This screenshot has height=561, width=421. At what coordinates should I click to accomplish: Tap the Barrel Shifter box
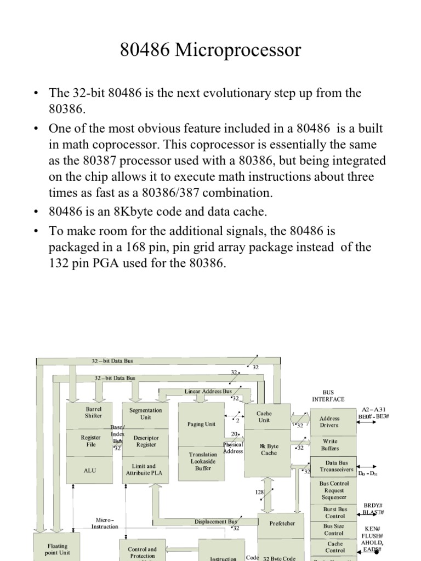tap(94, 413)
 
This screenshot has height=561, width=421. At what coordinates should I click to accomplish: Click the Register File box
tap(91, 441)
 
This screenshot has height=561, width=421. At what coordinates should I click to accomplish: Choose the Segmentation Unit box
tap(145, 414)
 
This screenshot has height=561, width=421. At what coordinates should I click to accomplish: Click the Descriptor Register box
tap(145, 442)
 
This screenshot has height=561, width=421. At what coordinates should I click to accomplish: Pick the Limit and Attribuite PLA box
tap(144, 470)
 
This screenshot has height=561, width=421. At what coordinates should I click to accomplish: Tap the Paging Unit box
tap(201, 424)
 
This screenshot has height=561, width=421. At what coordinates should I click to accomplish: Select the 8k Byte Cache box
tap(269, 450)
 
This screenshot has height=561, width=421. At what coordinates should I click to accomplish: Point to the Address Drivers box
tap(329, 422)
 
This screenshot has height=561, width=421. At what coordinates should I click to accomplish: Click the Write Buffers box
tap(330, 444)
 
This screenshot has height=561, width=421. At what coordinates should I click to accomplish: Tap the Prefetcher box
tap(282, 523)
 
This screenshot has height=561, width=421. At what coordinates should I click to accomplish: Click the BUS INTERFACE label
tap(328, 396)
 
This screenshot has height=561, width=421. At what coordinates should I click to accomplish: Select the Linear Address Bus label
tap(208, 392)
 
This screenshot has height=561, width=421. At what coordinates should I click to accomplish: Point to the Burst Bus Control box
tap(334, 512)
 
